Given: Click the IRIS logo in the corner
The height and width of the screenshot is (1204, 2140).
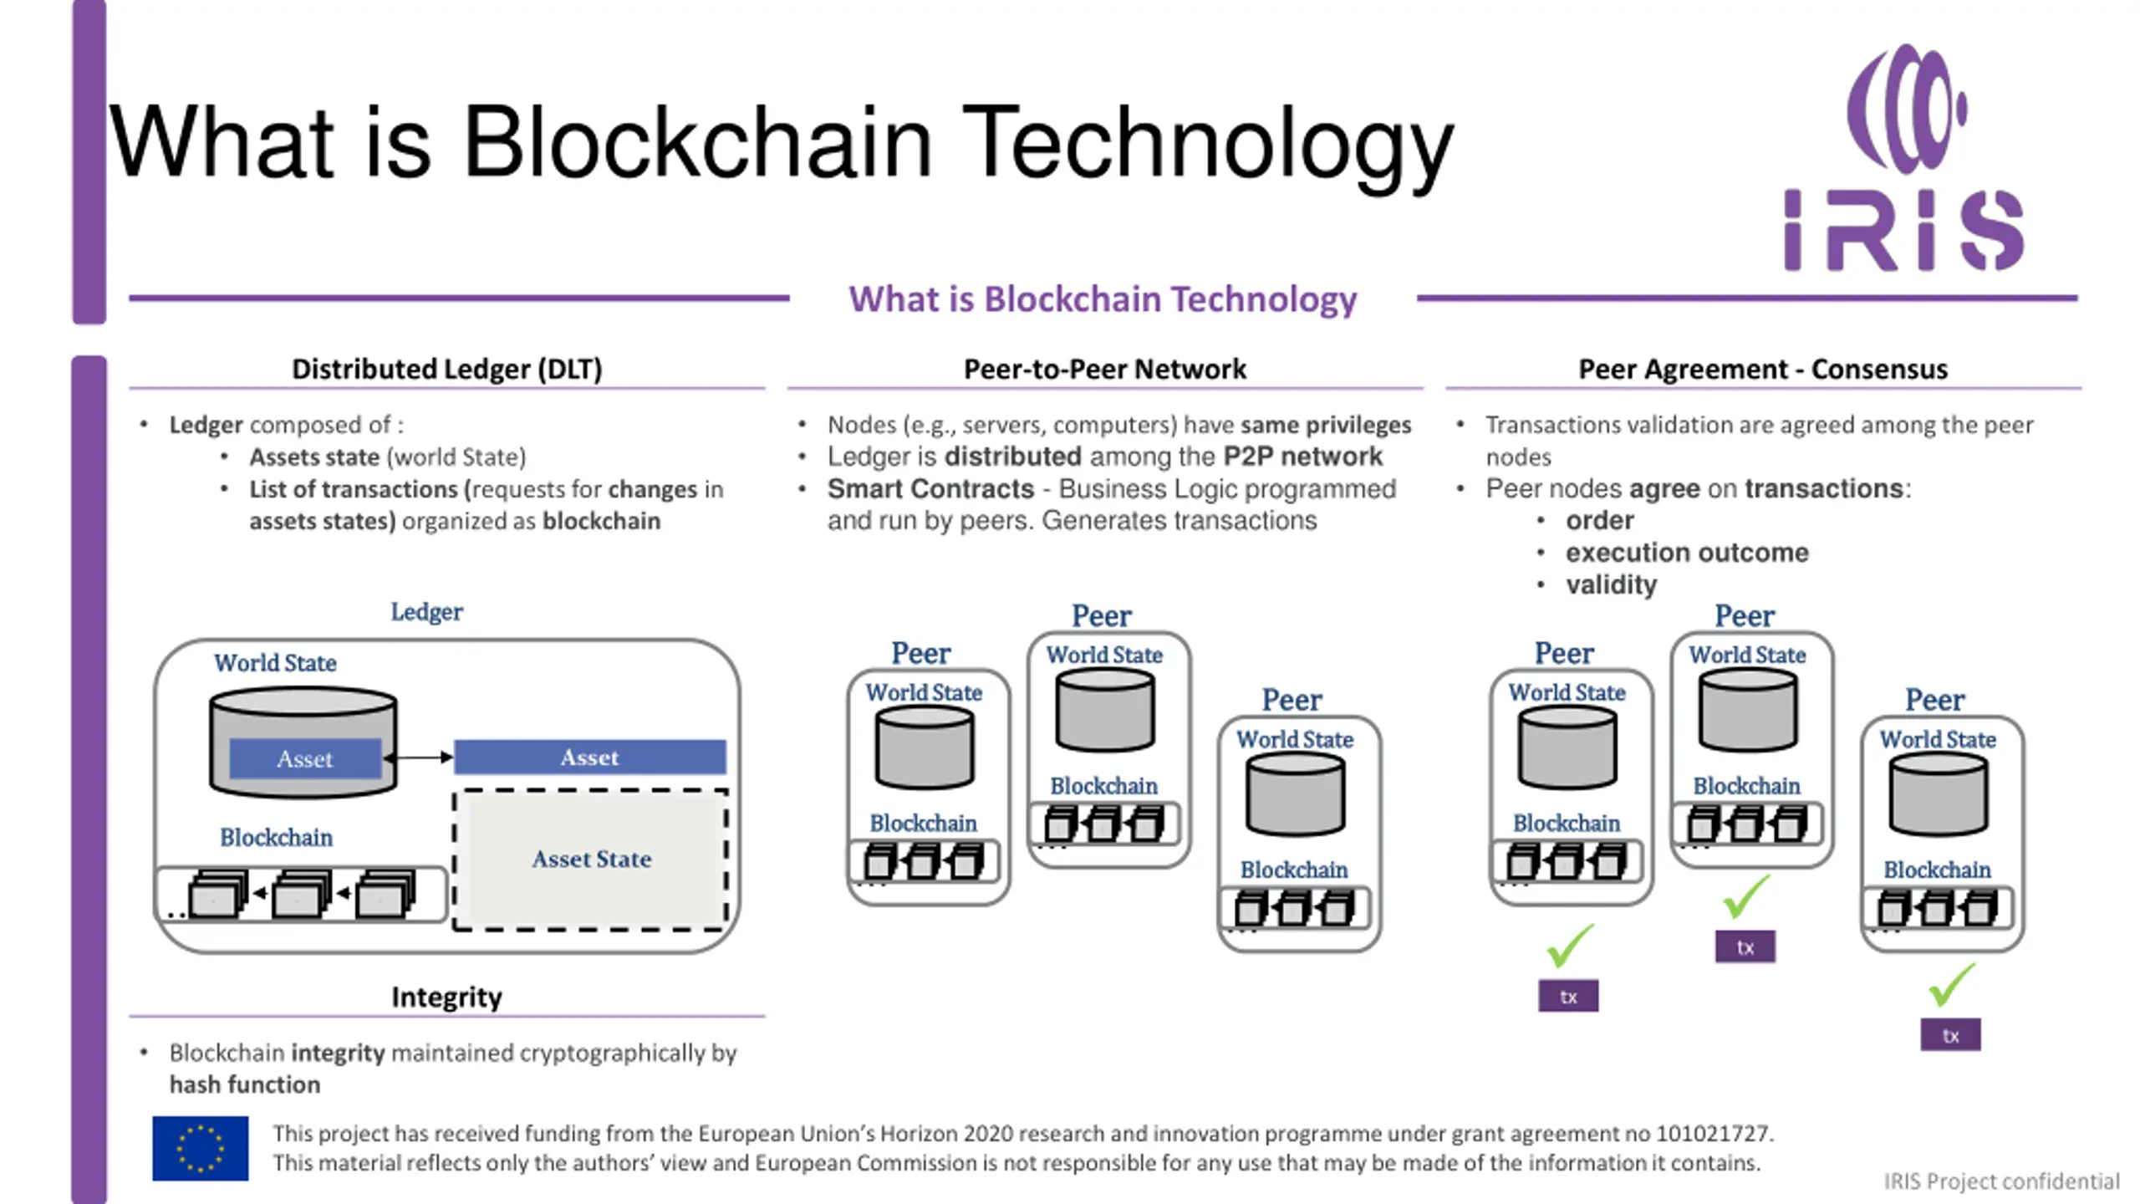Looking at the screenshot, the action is (x=1904, y=157).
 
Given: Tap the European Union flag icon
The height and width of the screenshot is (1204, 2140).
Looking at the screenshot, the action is (x=201, y=1148).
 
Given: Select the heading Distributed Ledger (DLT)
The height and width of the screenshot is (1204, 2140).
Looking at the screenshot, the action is (x=447, y=369).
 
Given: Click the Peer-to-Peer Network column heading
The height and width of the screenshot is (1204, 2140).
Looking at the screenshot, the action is (x=1104, y=369).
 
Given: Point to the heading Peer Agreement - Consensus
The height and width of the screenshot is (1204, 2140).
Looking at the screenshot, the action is (x=1763, y=369).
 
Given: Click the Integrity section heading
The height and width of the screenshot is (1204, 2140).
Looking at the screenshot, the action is (x=447, y=997).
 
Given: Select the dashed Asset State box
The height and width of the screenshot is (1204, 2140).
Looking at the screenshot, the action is (x=590, y=860).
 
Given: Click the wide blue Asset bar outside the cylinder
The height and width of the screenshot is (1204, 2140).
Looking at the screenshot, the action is (x=590, y=758).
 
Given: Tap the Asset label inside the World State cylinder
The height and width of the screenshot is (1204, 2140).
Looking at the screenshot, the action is (x=305, y=759).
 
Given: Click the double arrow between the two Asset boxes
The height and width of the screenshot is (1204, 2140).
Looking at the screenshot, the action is (x=418, y=758).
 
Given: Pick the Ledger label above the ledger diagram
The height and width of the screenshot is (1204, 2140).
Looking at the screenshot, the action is (x=426, y=611).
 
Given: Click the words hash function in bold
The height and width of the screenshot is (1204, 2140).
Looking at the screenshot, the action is (x=245, y=1084).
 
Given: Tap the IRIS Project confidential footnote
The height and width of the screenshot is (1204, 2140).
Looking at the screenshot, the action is (x=2002, y=1181).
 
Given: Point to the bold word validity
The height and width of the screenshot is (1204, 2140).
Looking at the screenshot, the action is (x=1611, y=584).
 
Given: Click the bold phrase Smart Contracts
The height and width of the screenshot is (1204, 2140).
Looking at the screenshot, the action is (x=930, y=488).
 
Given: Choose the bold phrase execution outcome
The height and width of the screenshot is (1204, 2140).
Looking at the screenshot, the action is (x=1687, y=553).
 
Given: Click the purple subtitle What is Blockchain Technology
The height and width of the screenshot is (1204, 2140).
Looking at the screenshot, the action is (x=1103, y=299).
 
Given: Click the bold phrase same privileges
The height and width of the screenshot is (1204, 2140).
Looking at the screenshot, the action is (x=1326, y=425).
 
